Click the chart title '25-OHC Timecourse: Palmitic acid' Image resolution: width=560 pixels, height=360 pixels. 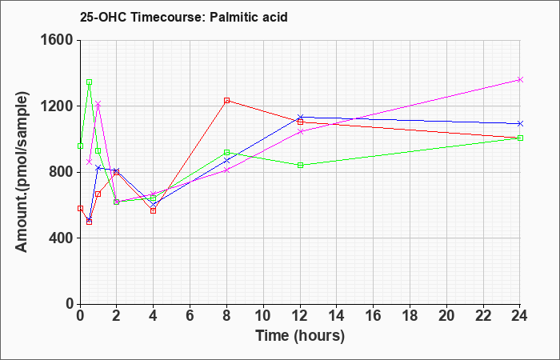[183, 17]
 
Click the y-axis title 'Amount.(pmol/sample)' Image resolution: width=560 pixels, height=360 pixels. [22, 172]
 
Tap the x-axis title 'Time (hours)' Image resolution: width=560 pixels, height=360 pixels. [300, 336]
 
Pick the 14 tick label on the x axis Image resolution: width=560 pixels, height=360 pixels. [337, 316]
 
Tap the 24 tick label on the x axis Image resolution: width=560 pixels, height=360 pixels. [519, 316]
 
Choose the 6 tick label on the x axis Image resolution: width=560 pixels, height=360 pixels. [190, 316]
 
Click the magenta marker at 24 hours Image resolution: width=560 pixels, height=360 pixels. [520, 80]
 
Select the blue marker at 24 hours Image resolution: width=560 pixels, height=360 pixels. [520, 123]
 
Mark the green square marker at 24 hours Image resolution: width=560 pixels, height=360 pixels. [520, 138]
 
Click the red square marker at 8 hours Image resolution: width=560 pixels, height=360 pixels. [226, 101]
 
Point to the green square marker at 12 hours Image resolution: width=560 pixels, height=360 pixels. [300, 165]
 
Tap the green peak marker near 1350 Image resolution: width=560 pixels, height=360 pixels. [90, 82]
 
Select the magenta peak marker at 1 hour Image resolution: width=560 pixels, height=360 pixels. [98, 103]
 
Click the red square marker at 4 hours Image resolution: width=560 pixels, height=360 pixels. [154, 210]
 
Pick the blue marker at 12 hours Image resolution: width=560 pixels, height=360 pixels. [300, 117]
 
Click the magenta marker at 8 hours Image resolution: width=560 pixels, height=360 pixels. [226, 170]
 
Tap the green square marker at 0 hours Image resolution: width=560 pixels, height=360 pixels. [80, 146]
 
